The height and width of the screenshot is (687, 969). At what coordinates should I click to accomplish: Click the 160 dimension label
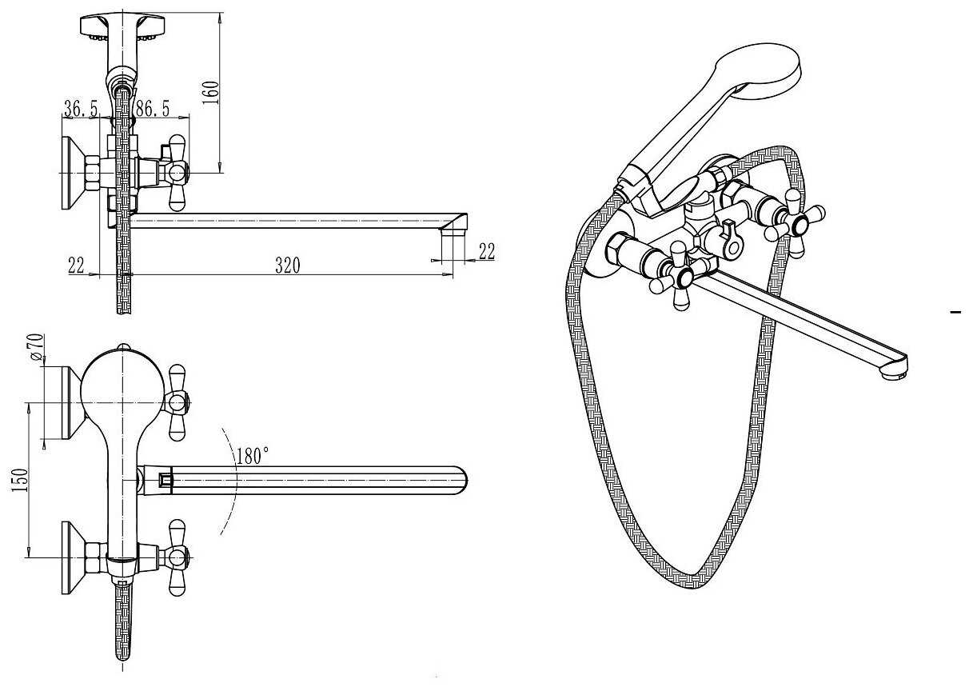coord(212,93)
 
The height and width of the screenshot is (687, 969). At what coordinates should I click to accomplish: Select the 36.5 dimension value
coord(81,108)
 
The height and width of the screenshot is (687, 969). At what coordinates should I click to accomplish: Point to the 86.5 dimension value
coord(153,108)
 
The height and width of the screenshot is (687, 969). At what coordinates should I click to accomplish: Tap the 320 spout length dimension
coord(288,266)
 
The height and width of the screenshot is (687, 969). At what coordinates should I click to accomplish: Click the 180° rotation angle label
coord(253,456)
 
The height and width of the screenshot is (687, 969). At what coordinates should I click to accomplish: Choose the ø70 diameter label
coord(38,347)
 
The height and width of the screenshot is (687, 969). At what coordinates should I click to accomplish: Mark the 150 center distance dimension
coord(19,480)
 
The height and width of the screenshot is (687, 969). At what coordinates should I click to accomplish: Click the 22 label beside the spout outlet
coord(487,251)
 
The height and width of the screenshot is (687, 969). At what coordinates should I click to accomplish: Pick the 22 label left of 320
coord(76,266)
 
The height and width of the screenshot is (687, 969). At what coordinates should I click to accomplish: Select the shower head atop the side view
coord(123,27)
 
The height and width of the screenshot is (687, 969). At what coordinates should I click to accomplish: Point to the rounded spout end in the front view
coord(459,481)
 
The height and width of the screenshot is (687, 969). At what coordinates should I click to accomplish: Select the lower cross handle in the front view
coord(177,557)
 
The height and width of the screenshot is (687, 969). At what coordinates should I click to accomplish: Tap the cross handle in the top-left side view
coord(177,173)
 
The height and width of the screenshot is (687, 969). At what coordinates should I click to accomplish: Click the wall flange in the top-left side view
coord(71,173)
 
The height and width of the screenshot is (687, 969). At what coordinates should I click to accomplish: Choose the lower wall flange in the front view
coord(71,558)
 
